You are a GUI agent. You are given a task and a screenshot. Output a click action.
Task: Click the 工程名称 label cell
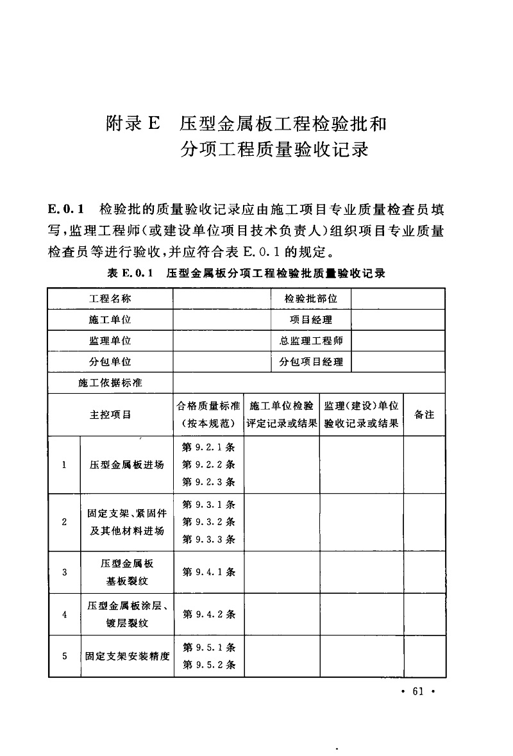point(110,299)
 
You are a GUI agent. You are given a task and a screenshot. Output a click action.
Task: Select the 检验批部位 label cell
point(311,299)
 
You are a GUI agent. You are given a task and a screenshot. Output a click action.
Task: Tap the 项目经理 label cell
point(311,320)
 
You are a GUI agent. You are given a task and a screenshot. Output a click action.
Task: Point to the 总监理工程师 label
point(311,341)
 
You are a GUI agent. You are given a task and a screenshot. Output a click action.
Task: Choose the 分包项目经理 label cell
point(311,362)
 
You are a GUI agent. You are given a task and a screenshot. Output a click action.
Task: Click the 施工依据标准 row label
point(110,383)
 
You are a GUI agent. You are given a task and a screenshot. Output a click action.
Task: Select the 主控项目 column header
point(110,414)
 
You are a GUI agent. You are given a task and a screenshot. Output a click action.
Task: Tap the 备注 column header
point(425,414)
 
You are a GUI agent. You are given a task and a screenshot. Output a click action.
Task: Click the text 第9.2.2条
point(209,464)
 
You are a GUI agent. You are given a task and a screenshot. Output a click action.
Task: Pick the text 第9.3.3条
point(209,539)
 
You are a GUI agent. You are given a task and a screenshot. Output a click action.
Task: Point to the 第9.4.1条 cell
point(209,571)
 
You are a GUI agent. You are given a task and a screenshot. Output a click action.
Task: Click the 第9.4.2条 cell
point(209,614)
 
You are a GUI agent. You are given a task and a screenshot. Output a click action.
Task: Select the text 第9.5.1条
point(209,648)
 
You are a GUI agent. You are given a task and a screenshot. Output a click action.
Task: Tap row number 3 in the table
point(64,571)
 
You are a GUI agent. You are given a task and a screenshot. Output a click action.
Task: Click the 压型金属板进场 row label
point(126,465)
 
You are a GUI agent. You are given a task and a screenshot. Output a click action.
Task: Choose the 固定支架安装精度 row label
point(126,656)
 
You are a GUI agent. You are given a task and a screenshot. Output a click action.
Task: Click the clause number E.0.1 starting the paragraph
point(67,210)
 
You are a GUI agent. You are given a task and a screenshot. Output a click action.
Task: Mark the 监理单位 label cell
point(110,341)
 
